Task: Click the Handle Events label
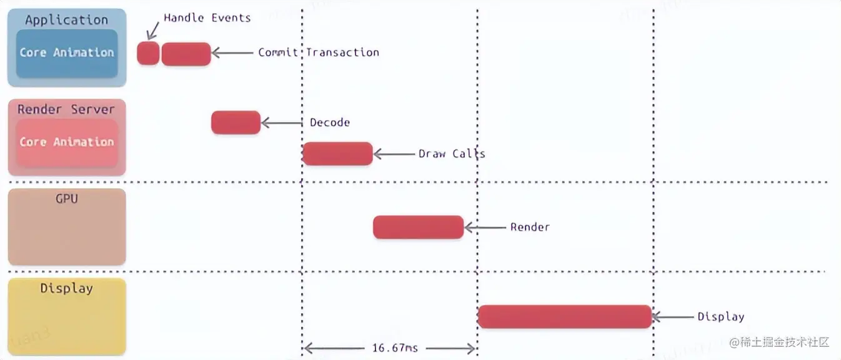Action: (207, 17)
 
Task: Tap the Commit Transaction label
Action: (319, 52)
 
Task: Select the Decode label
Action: (330, 122)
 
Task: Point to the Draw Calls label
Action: (452, 153)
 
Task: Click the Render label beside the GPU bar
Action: (530, 227)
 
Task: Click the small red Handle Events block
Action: (148, 54)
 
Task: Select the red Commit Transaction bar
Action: (186, 54)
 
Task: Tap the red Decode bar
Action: (236, 122)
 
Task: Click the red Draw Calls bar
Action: (337, 154)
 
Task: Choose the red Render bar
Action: (418, 227)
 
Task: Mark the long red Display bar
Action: (565, 316)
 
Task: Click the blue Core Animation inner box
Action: (67, 53)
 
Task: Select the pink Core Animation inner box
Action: (67, 142)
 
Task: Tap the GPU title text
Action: (67, 199)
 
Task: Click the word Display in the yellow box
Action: (67, 288)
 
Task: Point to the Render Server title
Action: (66, 109)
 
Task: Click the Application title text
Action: (67, 20)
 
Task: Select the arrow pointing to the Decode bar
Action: (281, 123)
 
